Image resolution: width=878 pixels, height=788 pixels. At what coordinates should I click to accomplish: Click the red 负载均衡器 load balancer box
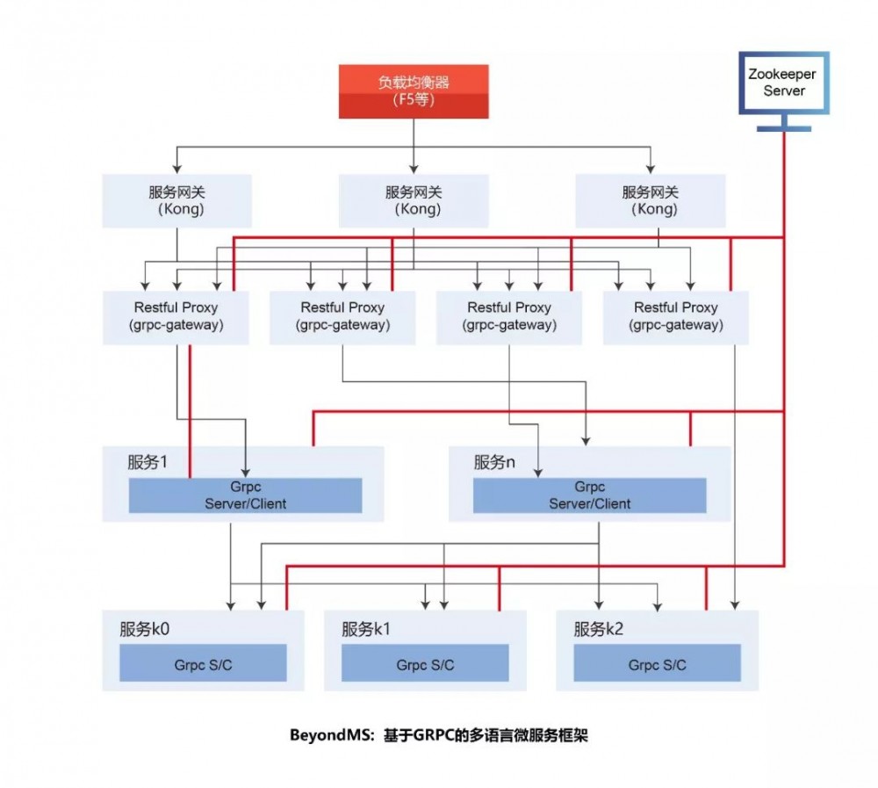tap(414, 91)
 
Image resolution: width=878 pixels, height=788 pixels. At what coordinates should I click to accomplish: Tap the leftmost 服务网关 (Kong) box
tap(177, 201)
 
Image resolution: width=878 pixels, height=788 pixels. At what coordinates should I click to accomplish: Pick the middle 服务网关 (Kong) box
tap(414, 201)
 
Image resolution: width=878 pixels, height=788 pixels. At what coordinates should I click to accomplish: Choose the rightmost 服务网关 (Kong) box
tap(650, 201)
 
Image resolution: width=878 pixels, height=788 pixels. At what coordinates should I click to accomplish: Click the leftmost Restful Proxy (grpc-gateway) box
tap(176, 316)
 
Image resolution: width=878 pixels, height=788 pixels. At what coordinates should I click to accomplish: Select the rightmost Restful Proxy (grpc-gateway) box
tap(676, 316)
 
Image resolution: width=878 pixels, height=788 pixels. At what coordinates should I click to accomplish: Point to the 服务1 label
tap(148, 462)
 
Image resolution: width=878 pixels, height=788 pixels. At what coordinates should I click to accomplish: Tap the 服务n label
tap(494, 462)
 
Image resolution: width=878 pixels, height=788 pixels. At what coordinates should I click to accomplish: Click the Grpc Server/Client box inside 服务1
tap(246, 495)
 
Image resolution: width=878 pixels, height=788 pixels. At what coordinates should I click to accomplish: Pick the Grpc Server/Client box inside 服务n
tap(590, 495)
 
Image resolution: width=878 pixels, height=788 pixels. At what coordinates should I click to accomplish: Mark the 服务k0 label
tap(144, 629)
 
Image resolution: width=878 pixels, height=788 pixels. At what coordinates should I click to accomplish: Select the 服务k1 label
tap(366, 629)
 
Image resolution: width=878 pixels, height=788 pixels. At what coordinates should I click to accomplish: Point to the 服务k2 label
tap(598, 629)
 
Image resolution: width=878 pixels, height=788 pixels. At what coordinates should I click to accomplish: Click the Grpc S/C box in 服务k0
tap(203, 664)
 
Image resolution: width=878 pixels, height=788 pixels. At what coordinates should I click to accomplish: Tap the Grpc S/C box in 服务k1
tap(425, 664)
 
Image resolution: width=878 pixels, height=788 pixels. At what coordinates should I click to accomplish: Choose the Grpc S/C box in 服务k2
tap(657, 664)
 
